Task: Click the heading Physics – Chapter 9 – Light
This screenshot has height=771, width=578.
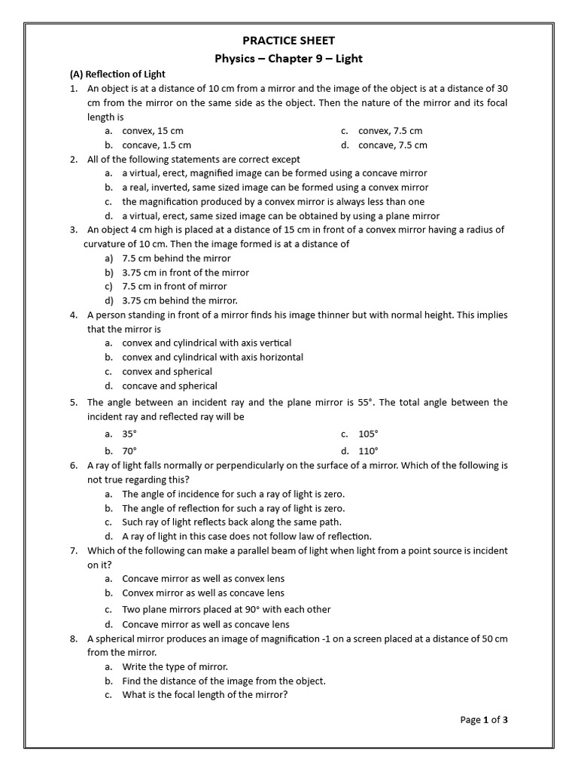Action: (290, 58)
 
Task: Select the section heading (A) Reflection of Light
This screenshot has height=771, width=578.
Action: (117, 74)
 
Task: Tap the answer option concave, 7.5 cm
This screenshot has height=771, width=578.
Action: (392, 145)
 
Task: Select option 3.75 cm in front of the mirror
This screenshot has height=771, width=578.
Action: (185, 273)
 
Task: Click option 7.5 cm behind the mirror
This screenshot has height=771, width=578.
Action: (176, 258)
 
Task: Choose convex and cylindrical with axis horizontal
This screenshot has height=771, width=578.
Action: (212, 357)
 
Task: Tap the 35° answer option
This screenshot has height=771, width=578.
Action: (129, 434)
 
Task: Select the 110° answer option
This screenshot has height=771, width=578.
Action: (368, 451)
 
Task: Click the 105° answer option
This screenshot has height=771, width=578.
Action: (368, 434)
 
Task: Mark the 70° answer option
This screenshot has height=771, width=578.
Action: (129, 451)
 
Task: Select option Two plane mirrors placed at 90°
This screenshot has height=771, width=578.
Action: (226, 609)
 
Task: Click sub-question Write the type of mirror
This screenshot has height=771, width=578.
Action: (175, 666)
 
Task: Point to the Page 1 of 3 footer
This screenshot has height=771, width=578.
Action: (484, 720)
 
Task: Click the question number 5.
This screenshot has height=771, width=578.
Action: (74, 403)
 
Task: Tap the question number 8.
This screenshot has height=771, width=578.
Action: (74, 638)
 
